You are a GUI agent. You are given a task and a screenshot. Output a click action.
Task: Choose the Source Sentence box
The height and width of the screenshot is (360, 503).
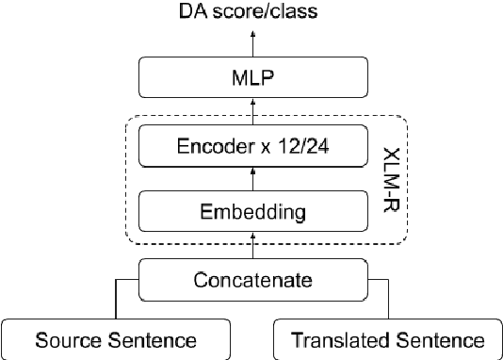[115, 339]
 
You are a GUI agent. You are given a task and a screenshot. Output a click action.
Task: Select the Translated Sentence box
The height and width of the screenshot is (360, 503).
[387, 339]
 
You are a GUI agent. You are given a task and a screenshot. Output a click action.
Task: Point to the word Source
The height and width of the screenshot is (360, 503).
[65, 339]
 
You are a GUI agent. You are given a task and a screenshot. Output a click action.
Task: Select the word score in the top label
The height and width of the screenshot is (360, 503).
[251, 11]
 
